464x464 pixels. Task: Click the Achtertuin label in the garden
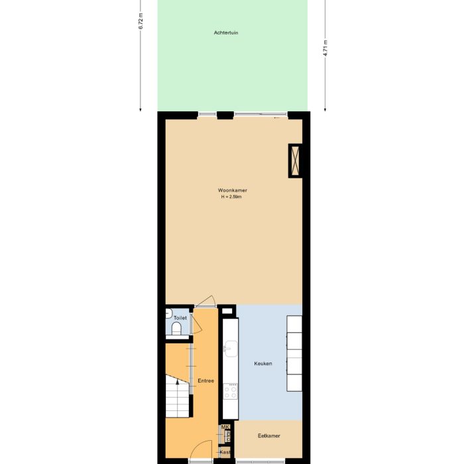(226, 32)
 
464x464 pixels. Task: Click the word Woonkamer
(232, 190)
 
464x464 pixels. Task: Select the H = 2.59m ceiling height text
(232, 197)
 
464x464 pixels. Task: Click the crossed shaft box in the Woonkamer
(296, 160)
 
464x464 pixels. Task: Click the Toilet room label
(180, 318)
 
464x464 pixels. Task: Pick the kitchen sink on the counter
(230, 348)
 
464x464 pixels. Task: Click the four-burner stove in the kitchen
(230, 391)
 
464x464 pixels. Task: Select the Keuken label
(263, 364)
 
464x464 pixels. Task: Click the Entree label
(205, 381)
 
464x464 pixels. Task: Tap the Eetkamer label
(269, 435)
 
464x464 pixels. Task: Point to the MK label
(225, 427)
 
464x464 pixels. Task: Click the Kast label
(225, 452)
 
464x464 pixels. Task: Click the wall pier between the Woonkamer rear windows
(225, 115)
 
